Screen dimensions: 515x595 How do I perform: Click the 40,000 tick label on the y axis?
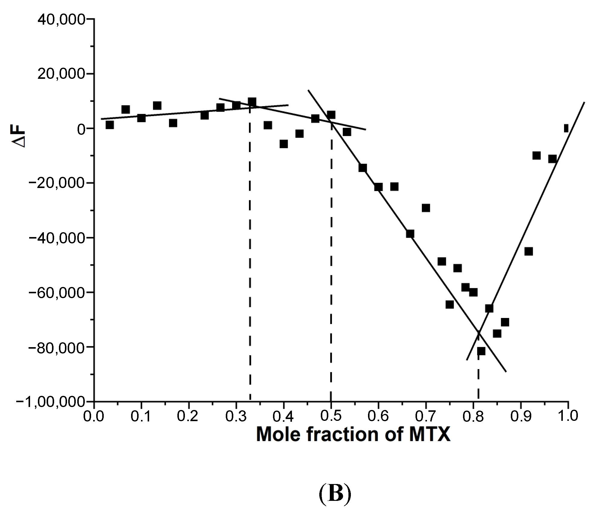click(x=61, y=20)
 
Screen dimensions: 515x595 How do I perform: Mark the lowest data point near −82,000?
click(x=481, y=351)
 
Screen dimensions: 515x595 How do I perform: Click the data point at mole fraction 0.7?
click(x=426, y=208)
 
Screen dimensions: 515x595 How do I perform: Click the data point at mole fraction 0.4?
click(x=284, y=144)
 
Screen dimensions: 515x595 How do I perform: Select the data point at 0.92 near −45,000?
click(x=529, y=251)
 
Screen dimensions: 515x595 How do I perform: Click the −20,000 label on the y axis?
click(x=56, y=183)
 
